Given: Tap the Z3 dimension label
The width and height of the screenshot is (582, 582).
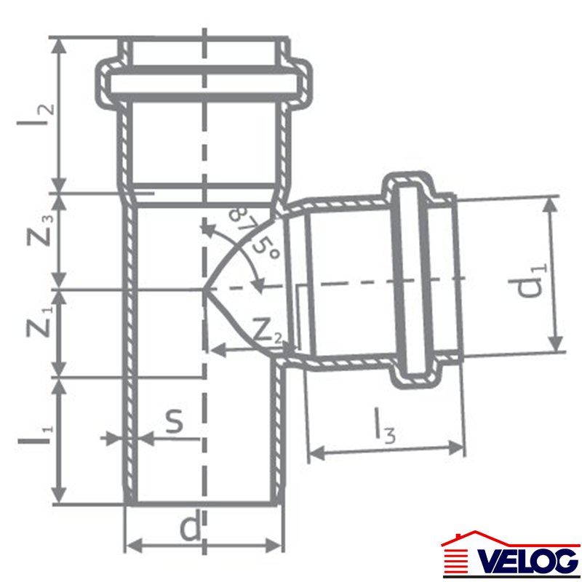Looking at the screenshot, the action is click(x=40, y=230).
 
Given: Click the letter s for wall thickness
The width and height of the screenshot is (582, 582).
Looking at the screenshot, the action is click(x=175, y=420).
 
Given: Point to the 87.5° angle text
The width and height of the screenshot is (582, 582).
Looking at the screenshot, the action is click(x=254, y=234).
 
